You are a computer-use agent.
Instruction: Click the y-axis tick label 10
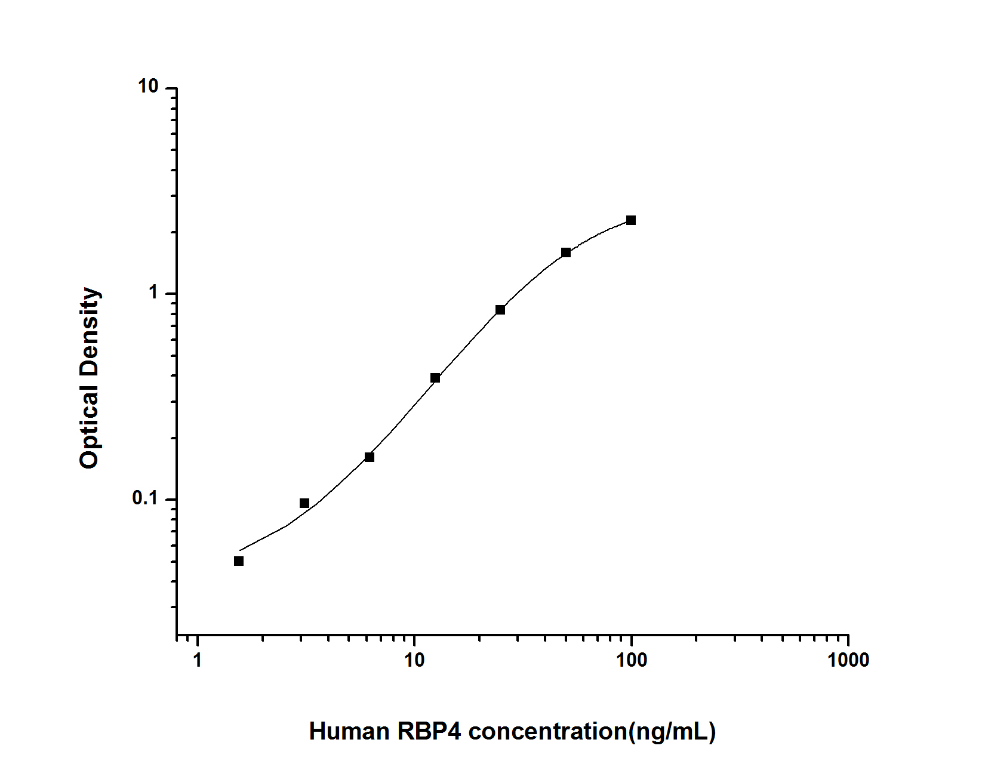coord(148,87)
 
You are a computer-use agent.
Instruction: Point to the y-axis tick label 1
coord(153,293)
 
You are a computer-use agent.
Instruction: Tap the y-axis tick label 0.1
coord(144,498)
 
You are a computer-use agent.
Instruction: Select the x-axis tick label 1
coord(197,660)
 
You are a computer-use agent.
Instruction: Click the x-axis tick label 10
coord(414,660)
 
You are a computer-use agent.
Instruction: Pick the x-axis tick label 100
coord(631,660)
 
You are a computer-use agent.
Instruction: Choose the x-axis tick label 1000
coord(848,660)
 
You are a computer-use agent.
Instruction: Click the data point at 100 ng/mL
coord(631,220)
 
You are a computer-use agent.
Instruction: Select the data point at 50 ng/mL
coord(566,252)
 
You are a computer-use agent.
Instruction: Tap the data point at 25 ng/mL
coord(500,310)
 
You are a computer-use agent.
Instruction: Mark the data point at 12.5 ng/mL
coord(435,378)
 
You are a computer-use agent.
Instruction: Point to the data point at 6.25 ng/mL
coord(370,457)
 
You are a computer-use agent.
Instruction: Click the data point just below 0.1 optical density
coord(304,503)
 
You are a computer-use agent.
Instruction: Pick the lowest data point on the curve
coord(239,561)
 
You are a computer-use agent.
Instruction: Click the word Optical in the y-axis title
coord(90,426)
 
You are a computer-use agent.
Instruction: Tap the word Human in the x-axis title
coord(348,731)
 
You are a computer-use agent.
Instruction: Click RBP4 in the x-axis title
coord(430,731)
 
